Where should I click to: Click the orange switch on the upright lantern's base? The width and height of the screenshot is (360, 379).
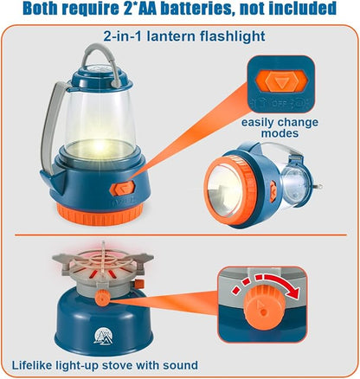click(123, 188)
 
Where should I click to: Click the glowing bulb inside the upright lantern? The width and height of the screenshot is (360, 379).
click(100, 145)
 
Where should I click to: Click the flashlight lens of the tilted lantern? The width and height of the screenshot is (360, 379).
click(224, 189)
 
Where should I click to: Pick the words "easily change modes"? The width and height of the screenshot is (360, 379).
click(280, 128)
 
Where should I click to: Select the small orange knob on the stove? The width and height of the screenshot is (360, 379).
click(103, 297)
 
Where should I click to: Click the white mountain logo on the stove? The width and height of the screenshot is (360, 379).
click(103, 337)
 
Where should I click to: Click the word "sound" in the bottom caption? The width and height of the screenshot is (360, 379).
click(180, 365)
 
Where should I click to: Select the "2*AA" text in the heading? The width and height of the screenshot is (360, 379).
click(138, 9)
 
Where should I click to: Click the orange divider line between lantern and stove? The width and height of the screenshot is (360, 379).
click(181, 234)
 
